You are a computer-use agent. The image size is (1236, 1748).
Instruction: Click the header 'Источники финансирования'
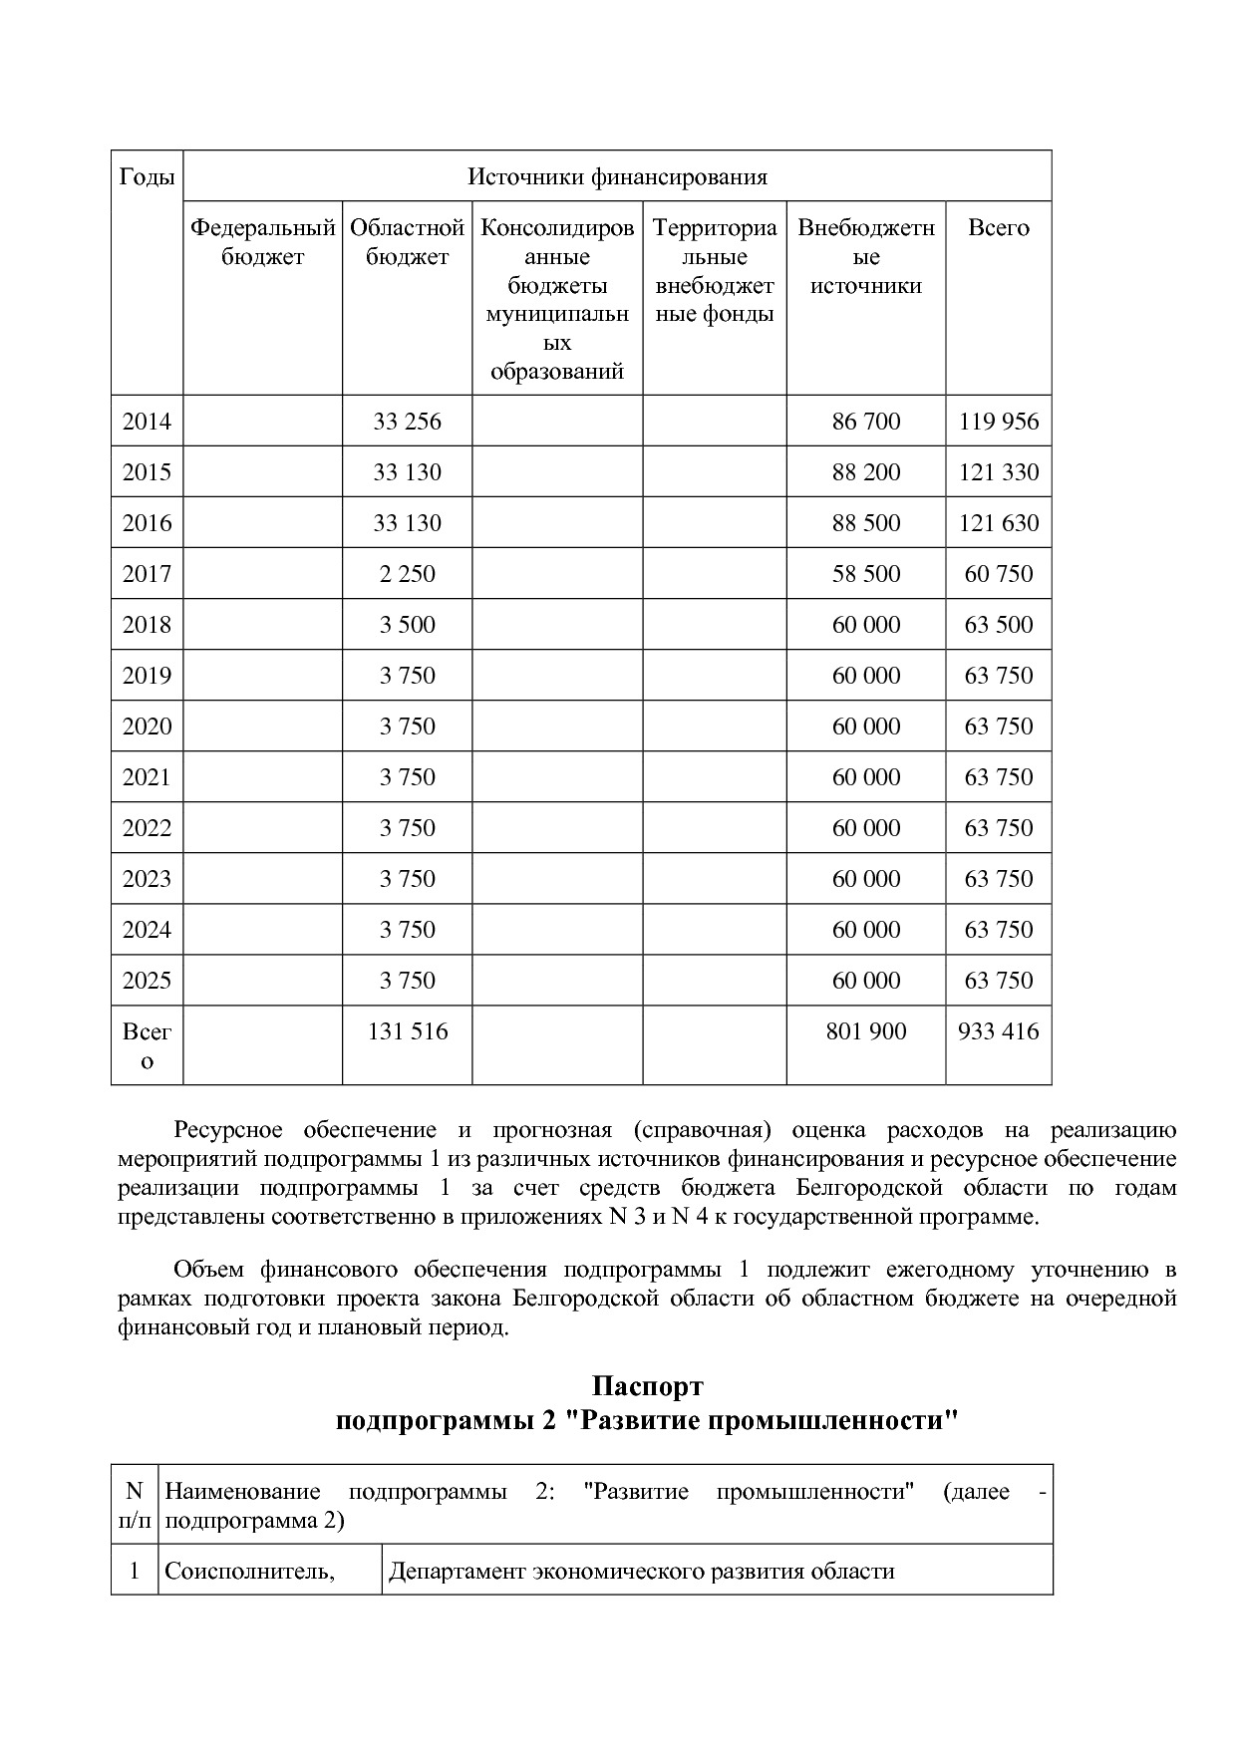617,177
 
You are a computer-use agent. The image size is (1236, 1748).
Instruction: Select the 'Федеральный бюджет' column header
262,242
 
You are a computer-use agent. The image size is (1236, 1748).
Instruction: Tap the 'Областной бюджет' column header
407,242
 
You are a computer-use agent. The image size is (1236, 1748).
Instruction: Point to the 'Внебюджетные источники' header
865,256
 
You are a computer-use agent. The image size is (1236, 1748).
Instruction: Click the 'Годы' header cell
147,177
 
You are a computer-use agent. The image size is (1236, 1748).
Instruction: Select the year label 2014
147,422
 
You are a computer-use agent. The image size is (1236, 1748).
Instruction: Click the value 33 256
407,422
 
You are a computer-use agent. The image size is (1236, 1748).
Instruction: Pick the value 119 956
998,422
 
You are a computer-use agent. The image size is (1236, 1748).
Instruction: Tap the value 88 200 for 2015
865,472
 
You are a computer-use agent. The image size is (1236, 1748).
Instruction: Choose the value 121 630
998,523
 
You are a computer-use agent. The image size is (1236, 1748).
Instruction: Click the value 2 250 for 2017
407,574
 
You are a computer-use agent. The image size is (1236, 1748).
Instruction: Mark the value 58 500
865,574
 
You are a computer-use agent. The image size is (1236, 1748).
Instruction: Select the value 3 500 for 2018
407,625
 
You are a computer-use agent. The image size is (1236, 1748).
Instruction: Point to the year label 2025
147,981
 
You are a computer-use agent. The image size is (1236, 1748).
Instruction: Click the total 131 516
407,1031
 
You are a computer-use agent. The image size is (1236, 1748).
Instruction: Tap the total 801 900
865,1031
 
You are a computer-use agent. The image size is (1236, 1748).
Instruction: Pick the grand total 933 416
998,1031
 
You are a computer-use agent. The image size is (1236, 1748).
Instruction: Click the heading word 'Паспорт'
647,1386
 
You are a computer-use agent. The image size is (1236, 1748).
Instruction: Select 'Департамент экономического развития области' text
641,1572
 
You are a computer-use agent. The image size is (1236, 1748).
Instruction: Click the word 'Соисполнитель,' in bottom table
248,1572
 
